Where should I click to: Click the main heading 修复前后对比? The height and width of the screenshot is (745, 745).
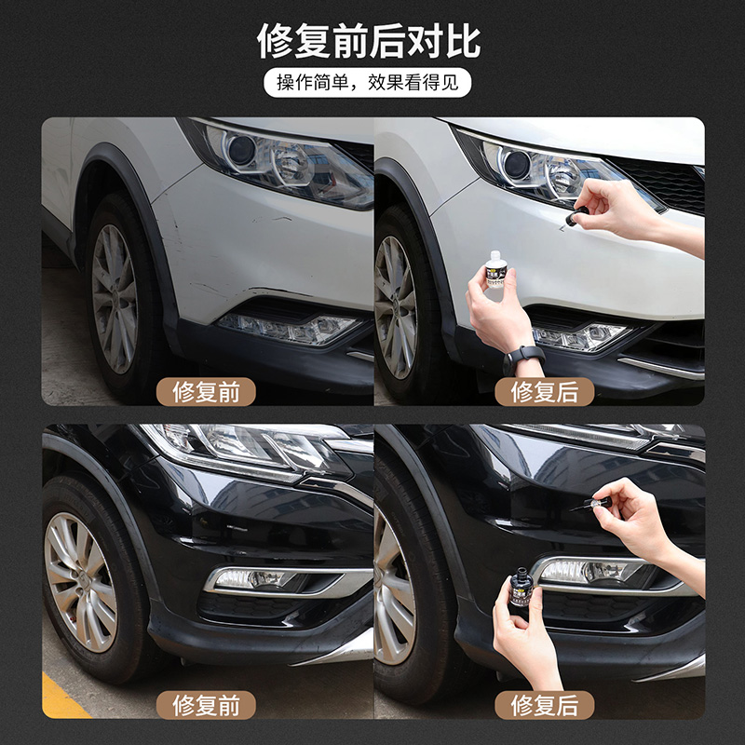click(x=368, y=41)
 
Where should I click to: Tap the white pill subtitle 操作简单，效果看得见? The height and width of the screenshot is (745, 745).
click(x=367, y=83)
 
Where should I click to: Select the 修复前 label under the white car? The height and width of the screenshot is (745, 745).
click(x=206, y=392)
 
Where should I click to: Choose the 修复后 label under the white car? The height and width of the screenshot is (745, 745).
click(x=545, y=392)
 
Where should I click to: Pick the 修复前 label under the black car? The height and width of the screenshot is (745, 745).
click(x=206, y=705)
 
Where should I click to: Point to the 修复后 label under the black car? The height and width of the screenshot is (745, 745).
click(x=545, y=705)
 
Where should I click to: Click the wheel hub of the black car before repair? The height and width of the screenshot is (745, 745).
click(x=81, y=582)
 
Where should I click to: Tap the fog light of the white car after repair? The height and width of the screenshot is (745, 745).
click(x=582, y=336)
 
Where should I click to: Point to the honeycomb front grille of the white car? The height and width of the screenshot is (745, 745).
click(x=660, y=183)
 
